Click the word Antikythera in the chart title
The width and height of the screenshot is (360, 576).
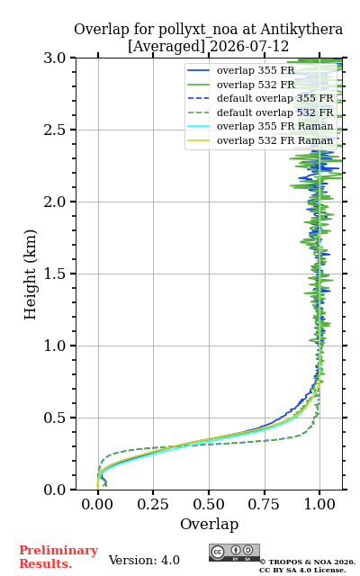click(301, 30)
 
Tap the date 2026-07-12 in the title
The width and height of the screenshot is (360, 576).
click(249, 47)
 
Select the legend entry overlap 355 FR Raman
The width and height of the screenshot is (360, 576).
click(274, 126)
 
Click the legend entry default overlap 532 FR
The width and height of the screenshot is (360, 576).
click(275, 112)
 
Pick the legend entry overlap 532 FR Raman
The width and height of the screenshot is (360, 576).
click(274, 140)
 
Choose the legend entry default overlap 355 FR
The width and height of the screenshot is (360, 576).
click(275, 98)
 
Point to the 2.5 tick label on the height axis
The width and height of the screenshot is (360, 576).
click(54, 130)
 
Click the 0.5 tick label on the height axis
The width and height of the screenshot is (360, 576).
click(54, 418)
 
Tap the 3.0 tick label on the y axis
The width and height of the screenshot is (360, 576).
click(54, 58)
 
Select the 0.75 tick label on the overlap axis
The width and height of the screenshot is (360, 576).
click(264, 504)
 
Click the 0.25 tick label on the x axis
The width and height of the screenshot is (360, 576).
click(153, 504)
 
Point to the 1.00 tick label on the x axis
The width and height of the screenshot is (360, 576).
click(320, 504)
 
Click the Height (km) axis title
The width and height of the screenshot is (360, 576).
click(30, 274)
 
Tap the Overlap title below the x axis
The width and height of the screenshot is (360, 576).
click(210, 524)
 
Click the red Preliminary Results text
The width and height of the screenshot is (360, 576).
click(58, 557)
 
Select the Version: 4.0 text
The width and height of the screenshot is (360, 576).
click(144, 561)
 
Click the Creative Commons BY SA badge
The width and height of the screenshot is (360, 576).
click(234, 553)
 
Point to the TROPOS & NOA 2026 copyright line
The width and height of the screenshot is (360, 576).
click(308, 562)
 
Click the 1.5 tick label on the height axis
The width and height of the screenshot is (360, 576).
click(54, 274)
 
